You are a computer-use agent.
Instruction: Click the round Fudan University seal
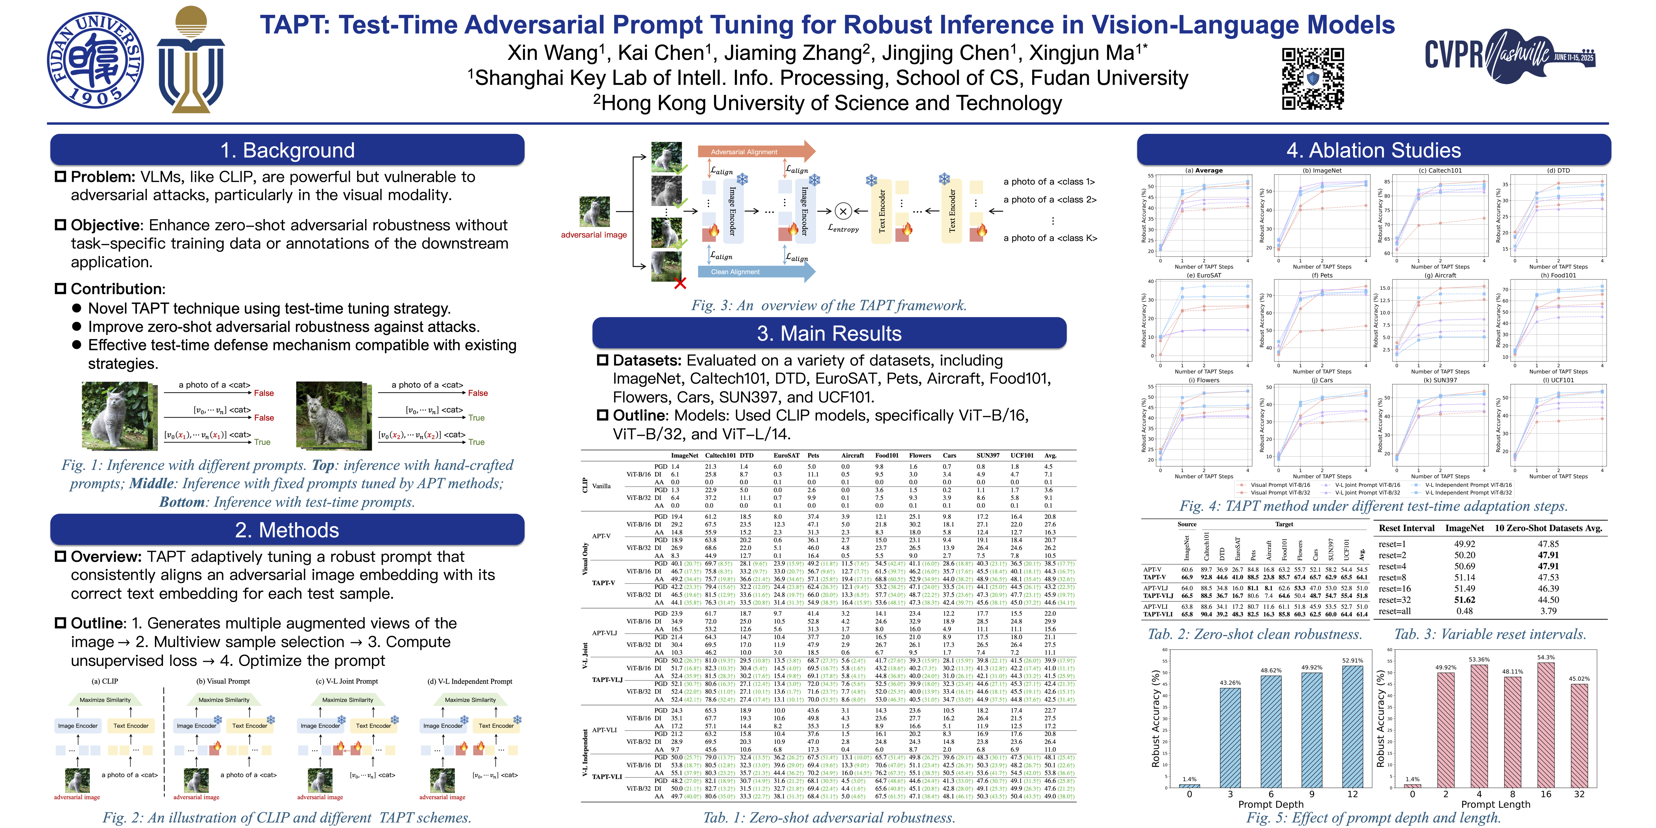tap(95, 60)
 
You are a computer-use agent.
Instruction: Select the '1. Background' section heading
tap(287, 150)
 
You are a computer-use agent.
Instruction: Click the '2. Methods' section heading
tap(287, 530)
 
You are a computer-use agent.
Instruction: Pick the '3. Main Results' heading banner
tap(829, 333)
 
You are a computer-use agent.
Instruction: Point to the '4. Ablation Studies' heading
tap(1374, 150)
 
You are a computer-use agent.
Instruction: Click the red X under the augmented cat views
tap(680, 282)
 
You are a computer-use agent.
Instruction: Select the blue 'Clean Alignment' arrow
tap(755, 272)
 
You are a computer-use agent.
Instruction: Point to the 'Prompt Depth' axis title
tap(1271, 804)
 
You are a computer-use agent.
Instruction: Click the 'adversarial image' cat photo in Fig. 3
tap(595, 212)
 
